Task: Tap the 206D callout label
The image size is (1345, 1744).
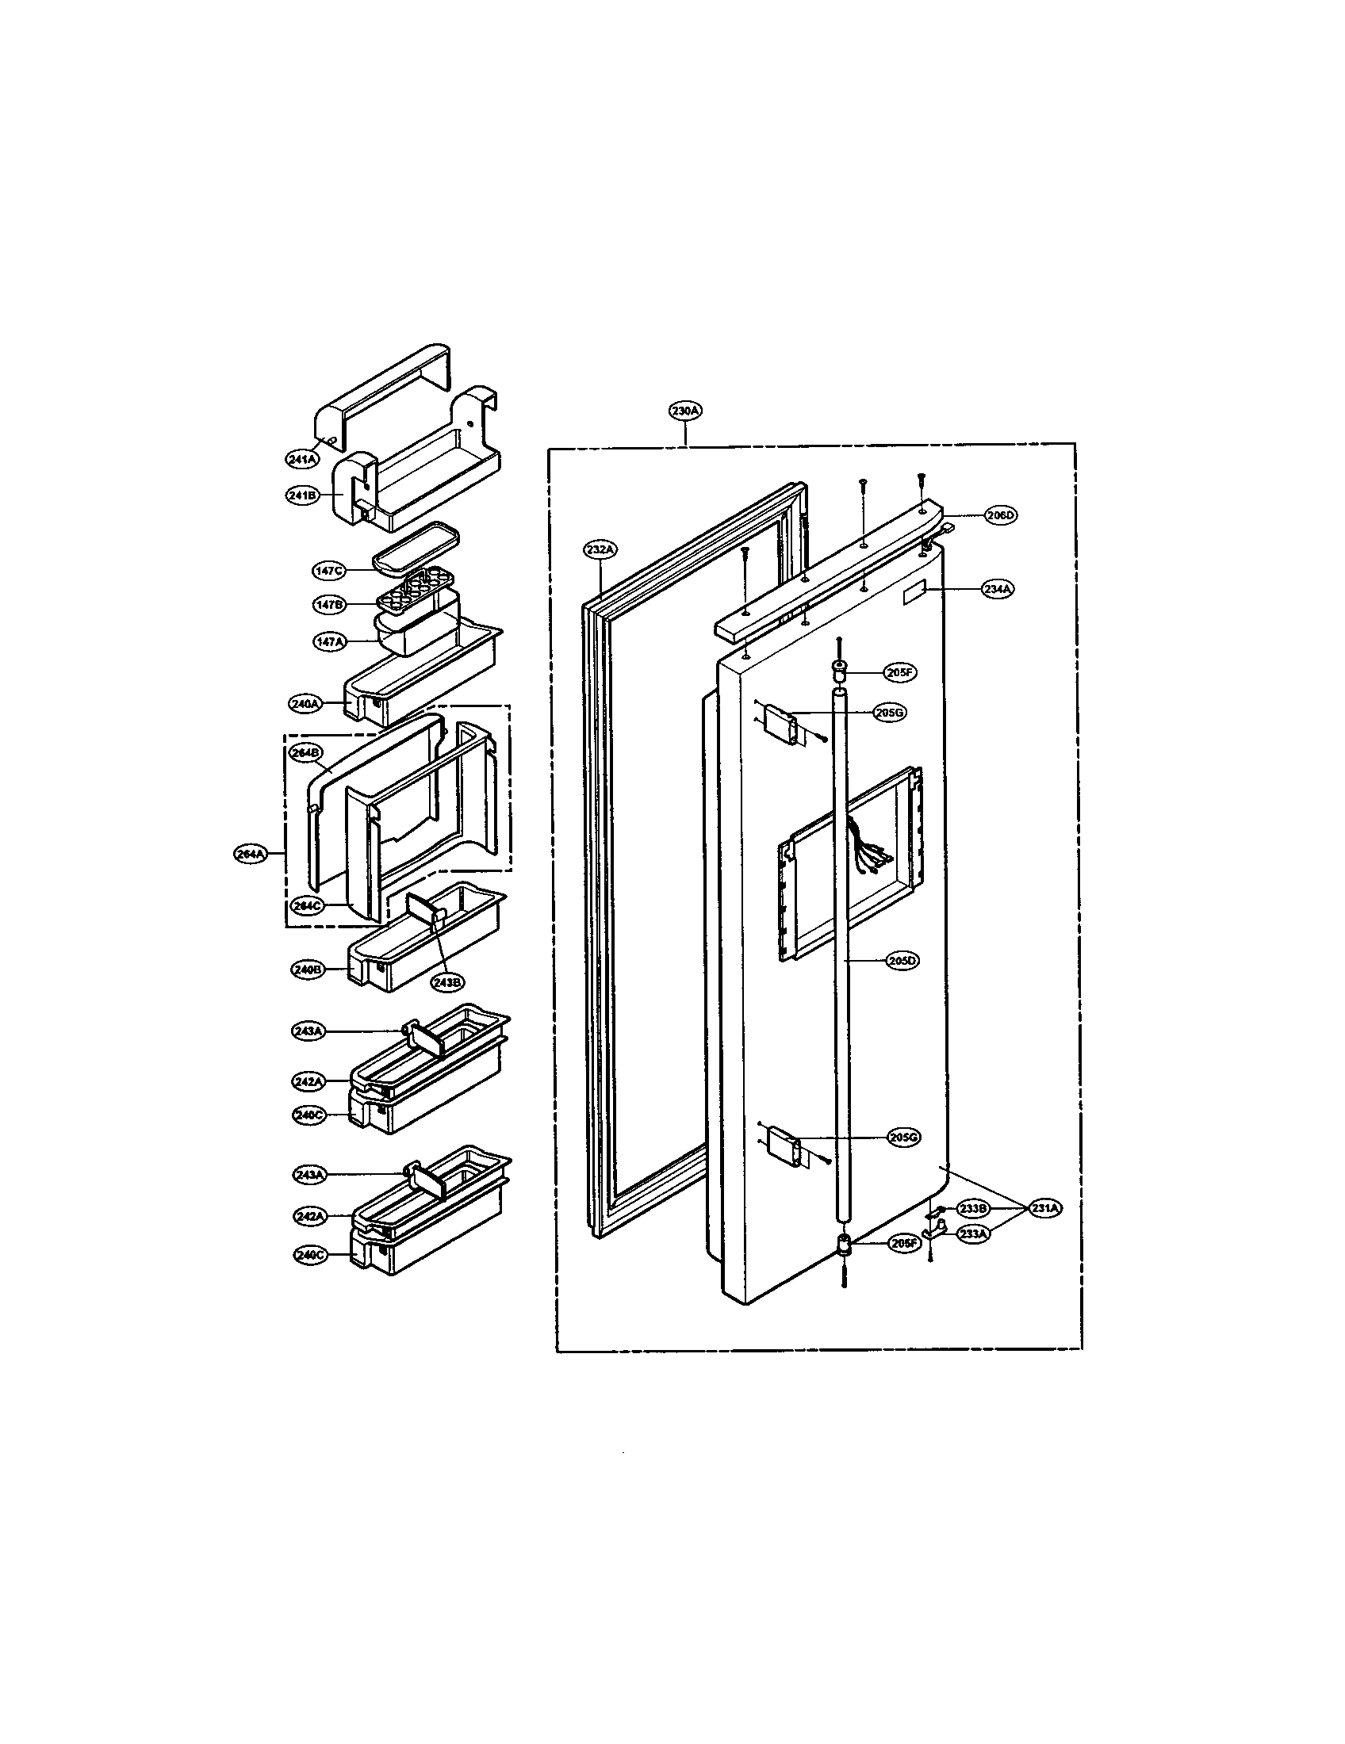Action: pyautogui.click(x=999, y=516)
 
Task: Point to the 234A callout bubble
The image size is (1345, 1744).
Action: pyautogui.click(x=998, y=589)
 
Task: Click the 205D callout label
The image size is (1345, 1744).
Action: pyautogui.click(x=902, y=962)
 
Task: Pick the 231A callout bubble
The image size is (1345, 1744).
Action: pyautogui.click(x=1044, y=1209)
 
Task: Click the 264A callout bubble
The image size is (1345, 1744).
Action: pyautogui.click(x=250, y=854)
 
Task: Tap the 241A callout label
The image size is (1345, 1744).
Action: pyautogui.click(x=302, y=458)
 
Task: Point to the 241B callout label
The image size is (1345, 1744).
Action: pyautogui.click(x=302, y=495)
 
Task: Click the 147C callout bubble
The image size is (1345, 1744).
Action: pyautogui.click(x=328, y=571)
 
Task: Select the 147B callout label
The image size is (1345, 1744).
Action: pyautogui.click(x=328, y=605)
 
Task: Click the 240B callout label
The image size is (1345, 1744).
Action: pyautogui.click(x=307, y=970)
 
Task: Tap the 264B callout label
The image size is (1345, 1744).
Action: pyautogui.click(x=306, y=753)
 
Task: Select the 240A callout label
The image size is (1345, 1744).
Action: pyautogui.click(x=305, y=704)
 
